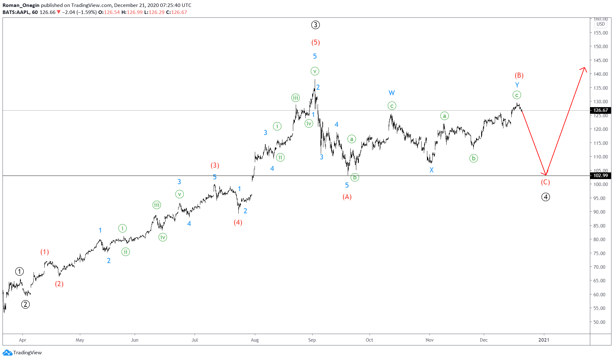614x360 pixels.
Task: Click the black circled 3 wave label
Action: point(315,25)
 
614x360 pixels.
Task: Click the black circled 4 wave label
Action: point(545,197)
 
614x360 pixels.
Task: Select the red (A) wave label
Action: point(347,197)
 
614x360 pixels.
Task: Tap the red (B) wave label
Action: point(519,75)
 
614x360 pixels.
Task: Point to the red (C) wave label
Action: point(545,182)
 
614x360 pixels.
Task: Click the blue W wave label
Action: point(391,93)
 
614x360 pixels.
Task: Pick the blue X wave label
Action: point(431,170)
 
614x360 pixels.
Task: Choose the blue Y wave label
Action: point(517,85)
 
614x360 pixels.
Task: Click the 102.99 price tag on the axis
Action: point(600,176)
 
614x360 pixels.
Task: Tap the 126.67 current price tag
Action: point(600,110)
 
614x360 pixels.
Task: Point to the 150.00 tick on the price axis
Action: point(600,47)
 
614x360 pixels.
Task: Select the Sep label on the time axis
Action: point(312,340)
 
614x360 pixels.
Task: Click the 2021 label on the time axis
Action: point(544,340)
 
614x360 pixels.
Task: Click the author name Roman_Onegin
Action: point(21,5)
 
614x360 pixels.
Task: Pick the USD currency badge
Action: point(600,24)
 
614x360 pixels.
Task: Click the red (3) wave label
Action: point(215,165)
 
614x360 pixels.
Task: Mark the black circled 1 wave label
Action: point(19,272)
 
